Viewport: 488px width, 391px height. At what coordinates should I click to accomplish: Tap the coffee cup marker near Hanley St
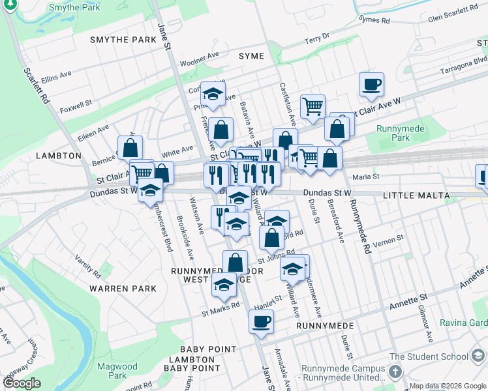tap(262, 322)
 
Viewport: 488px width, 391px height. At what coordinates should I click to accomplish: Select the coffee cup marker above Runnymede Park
tap(371, 85)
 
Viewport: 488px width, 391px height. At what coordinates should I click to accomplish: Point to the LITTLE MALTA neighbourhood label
tap(416, 195)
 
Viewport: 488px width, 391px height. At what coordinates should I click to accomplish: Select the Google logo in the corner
tap(21, 384)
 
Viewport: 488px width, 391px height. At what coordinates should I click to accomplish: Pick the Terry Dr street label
tap(317, 40)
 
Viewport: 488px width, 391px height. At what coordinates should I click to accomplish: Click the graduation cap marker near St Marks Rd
tap(224, 285)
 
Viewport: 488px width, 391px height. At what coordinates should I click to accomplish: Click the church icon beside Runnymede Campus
tap(395, 371)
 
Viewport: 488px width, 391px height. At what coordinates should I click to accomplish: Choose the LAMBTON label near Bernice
tap(59, 156)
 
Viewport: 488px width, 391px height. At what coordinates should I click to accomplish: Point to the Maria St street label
tap(365, 177)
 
